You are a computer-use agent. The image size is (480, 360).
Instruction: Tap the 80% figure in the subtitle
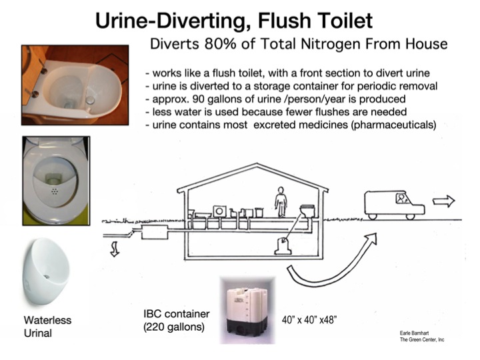(x=221, y=44)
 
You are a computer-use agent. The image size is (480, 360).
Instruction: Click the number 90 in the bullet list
(x=198, y=99)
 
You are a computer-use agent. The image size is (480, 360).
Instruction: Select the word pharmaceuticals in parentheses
(x=393, y=125)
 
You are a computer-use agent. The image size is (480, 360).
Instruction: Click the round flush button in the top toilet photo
(x=90, y=100)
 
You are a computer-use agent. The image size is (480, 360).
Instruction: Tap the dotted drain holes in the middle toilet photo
(x=55, y=191)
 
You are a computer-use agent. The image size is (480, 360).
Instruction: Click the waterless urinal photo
(x=46, y=271)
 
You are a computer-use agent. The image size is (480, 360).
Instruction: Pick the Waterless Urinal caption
(x=47, y=326)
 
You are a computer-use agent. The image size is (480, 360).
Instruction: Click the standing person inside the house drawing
(x=281, y=202)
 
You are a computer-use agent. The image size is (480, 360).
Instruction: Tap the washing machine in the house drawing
(x=219, y=211)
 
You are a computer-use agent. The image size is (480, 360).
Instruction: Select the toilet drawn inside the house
(x=308, y=211)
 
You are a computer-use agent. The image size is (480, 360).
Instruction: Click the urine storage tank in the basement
(x=283, y=246)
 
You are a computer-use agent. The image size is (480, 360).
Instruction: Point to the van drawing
(x=394, y=205)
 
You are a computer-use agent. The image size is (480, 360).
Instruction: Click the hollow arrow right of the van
(x=443, y=201)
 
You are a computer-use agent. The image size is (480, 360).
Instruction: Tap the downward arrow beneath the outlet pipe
(x=115, y=249)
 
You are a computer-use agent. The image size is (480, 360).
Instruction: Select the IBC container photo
(x=247, y=310)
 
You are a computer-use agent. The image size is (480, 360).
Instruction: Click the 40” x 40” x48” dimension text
(x=309, y=320)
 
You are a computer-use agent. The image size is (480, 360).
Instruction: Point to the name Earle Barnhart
(x=414, y=333)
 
